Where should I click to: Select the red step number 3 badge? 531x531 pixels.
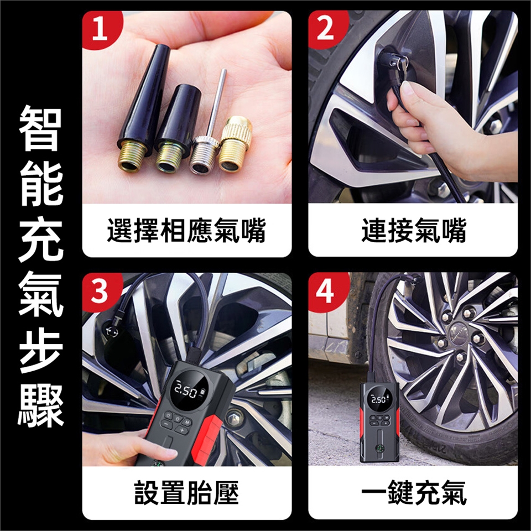click(100, 291)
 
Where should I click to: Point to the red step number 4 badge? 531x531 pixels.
click(326, 291)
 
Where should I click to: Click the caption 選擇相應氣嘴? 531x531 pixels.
click(186, 231)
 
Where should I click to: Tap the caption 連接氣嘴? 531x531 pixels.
click(414, 231)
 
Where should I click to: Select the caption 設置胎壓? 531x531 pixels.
click(186, 492)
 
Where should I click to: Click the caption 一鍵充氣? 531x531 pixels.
click(414, 492)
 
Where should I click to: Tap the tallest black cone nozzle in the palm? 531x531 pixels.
click(142, 108)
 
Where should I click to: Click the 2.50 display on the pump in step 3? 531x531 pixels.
click(186, 392)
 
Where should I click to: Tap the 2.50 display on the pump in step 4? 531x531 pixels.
click(378, 399)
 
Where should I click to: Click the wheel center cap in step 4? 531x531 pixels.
click(460, 331)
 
